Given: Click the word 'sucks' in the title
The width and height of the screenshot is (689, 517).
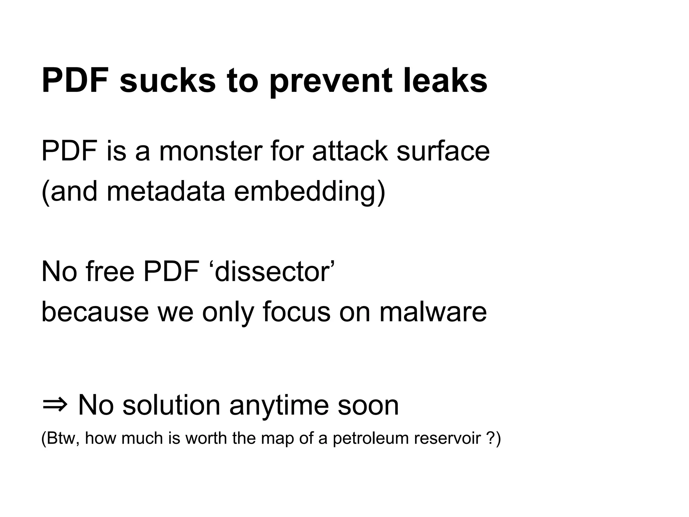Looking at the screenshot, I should click(167, 81).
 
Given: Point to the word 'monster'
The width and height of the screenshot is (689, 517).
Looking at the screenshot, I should click(211, 151).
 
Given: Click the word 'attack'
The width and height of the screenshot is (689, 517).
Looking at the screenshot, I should click(350, 151).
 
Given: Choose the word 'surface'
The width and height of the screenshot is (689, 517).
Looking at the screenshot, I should click(443, 151).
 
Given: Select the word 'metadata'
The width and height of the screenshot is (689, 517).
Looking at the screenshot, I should click(166, 192).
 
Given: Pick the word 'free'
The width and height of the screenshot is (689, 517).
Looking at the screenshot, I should click(110, 272).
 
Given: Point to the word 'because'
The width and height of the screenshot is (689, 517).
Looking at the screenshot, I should click(95, 312).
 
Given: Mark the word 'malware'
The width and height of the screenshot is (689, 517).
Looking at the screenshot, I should click(433, 312).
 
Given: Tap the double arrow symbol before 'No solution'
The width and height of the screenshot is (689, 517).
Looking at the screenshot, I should click(55, 406).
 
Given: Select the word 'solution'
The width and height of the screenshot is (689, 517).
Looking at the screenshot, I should click(171, 406).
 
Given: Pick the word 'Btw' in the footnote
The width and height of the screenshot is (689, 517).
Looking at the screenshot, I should click(63, 439).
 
